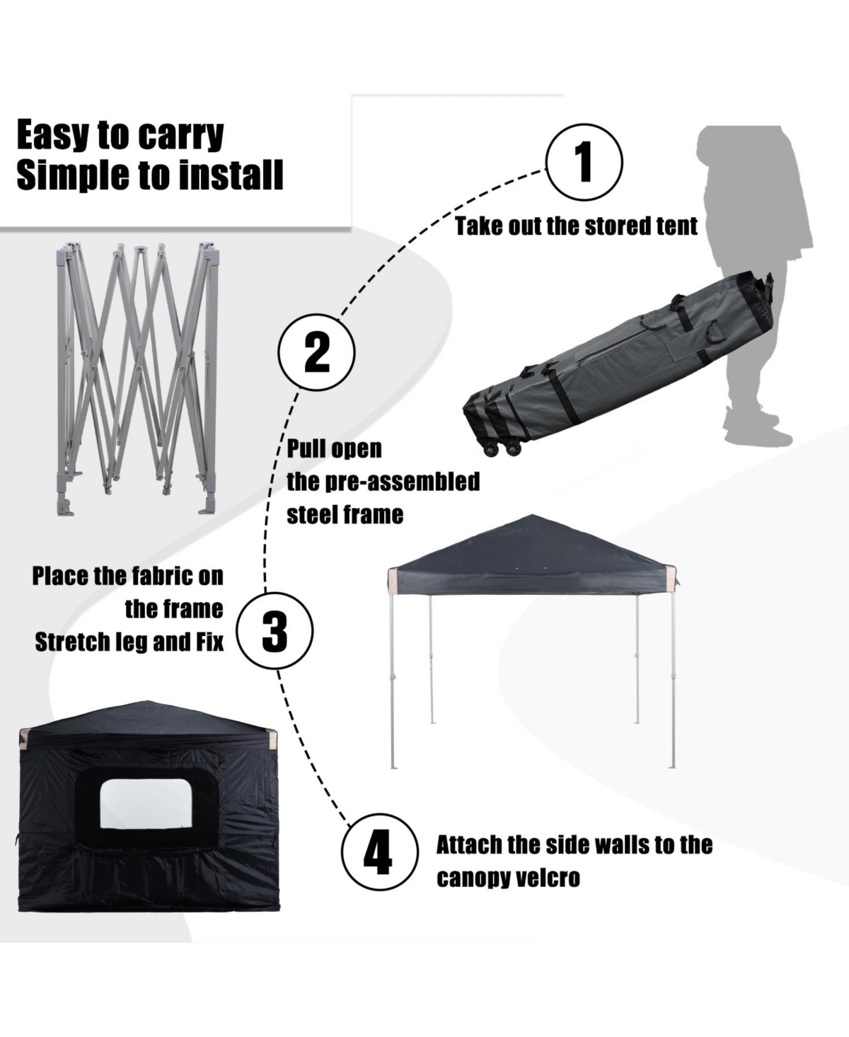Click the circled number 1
(584, 161)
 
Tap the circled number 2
(316, 352)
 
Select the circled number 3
(275, 629)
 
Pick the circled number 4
(378, 852)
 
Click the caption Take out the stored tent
(576, 226)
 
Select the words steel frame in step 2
(345, 515)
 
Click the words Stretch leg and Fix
(129, 642)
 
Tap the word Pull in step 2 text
(305, 449)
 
